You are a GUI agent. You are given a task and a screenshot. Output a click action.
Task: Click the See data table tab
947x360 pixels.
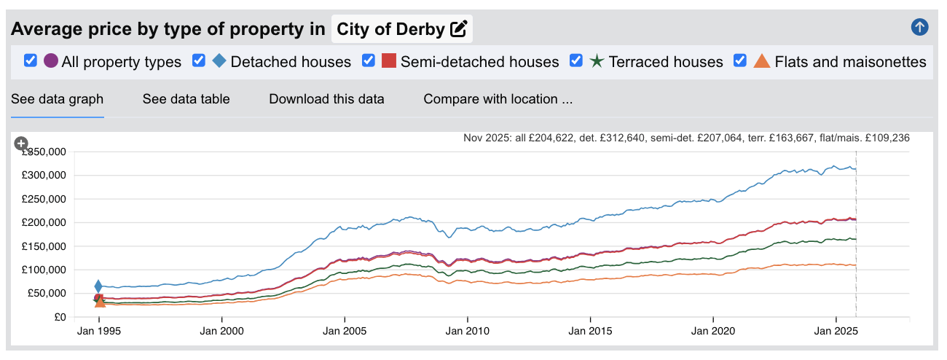click(186, 99)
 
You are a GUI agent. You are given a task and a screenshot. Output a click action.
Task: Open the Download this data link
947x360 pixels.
click(326, 99)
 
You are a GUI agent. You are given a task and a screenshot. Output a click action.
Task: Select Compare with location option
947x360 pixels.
click(498, 99)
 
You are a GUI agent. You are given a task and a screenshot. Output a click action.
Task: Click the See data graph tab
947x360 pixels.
click(57, 99)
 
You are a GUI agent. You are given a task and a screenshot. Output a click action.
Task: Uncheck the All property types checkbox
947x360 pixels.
click(31, 60)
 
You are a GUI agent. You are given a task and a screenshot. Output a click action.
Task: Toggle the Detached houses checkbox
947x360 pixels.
click(199, 60)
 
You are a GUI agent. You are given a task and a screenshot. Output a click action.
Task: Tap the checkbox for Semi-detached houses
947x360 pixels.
click(369, 60)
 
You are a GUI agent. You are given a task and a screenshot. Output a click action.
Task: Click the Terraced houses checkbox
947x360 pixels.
click(576, 60)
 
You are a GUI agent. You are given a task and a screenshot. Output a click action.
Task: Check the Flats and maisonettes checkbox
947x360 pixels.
click(740, 60)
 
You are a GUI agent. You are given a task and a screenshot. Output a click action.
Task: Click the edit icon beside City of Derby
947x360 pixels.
click(458, 29)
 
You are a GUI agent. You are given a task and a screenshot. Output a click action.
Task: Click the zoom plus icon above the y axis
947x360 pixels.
click(21, 144)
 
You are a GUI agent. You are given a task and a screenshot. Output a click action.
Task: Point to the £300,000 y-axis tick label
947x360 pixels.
click(45, 176)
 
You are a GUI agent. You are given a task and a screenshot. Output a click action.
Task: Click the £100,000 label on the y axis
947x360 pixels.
click(45, 270)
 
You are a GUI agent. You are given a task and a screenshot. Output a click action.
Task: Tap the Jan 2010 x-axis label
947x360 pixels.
click(467, 330)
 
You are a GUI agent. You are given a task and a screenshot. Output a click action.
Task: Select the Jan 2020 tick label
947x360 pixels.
click(712, 330)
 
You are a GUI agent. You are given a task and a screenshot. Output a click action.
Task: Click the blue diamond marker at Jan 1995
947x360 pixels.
click(98, 286)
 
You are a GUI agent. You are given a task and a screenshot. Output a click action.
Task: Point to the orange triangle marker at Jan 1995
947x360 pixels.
click(100, 302)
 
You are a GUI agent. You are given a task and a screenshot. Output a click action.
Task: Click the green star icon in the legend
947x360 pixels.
click(597, 61)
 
